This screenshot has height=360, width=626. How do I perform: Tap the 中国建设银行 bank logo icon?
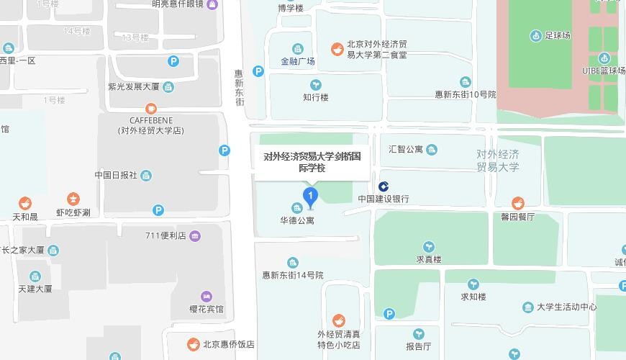coord(384,186)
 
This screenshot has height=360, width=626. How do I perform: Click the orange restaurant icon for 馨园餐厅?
coord(517,203)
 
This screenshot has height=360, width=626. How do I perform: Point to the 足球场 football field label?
coord(558,35)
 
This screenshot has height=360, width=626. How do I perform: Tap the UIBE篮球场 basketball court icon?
coord(604,58)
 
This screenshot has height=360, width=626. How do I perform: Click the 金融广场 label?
coord(298,61)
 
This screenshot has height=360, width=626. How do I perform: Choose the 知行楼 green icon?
coord(315,85)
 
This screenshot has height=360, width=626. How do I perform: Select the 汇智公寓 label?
coord(406,150)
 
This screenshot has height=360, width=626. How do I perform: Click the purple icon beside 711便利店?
coord(195,235)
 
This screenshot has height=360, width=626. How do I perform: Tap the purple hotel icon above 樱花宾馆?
coord(207,296)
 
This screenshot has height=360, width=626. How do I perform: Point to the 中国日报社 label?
coord(116,175)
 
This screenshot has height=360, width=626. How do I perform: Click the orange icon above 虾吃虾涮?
coord(73,199)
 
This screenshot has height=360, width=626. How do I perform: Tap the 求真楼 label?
coord(428,259)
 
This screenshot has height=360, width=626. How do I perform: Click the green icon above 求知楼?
coord(473,284)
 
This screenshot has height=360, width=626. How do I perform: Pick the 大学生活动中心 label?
coord(567,307)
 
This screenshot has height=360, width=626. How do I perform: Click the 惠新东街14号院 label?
coord(293,275)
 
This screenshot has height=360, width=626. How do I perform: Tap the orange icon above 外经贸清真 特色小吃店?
coord(338,320)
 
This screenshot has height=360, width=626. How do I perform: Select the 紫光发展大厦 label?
coord(133,87)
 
